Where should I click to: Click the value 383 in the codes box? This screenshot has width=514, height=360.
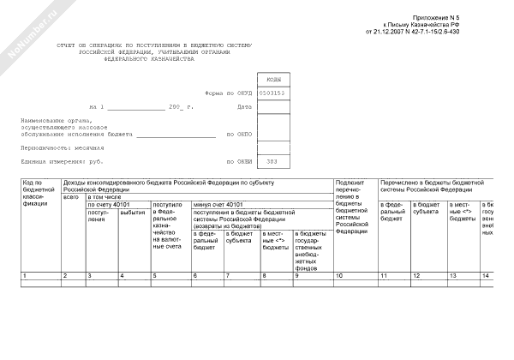coord(272,161)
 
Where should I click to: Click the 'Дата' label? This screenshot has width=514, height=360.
coord(245,106)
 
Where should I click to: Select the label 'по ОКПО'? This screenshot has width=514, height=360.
coord(239,134)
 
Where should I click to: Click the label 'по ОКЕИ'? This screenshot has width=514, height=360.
coord(239,161)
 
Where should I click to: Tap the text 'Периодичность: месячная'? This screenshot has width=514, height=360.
coord(57,147)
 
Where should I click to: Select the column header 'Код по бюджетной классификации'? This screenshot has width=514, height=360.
coord(39,195)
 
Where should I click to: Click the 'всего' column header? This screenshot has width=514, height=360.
coord(71,197)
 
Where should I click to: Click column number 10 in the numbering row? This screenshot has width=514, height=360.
coord(342,275)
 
